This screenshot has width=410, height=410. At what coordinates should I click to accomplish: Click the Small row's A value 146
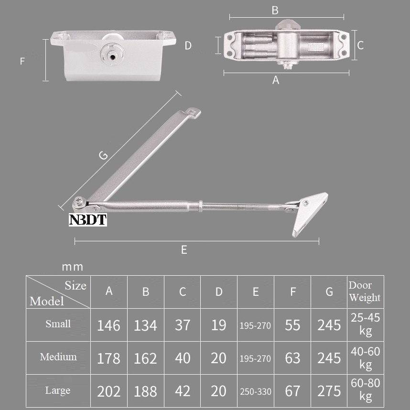(108, 325)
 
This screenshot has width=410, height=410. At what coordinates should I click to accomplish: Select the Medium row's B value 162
(145, 358)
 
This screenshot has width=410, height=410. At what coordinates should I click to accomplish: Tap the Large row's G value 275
(329, 391)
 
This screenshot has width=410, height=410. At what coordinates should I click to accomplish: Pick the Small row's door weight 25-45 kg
(365, 325)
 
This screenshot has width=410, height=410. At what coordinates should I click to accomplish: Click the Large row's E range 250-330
(256, 391)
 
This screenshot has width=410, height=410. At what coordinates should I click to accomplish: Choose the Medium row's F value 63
(292, 358)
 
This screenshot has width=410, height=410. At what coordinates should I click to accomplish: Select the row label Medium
(58, 357)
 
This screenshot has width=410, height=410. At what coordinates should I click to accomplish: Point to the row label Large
(58, 390)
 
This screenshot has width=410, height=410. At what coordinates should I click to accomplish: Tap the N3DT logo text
(88, 220)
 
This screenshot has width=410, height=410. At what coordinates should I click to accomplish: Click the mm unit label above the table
(72, 267)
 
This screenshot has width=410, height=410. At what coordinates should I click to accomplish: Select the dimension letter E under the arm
(184, 250)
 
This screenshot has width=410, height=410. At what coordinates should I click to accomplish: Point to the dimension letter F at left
(22, 61)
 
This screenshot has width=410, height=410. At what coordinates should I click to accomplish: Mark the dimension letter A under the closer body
(276, 81)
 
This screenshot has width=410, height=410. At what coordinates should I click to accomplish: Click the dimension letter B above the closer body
(275, 10)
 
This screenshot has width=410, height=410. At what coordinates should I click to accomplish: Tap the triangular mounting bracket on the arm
(310, 213)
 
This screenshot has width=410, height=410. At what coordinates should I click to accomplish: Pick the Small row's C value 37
(182, 325)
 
